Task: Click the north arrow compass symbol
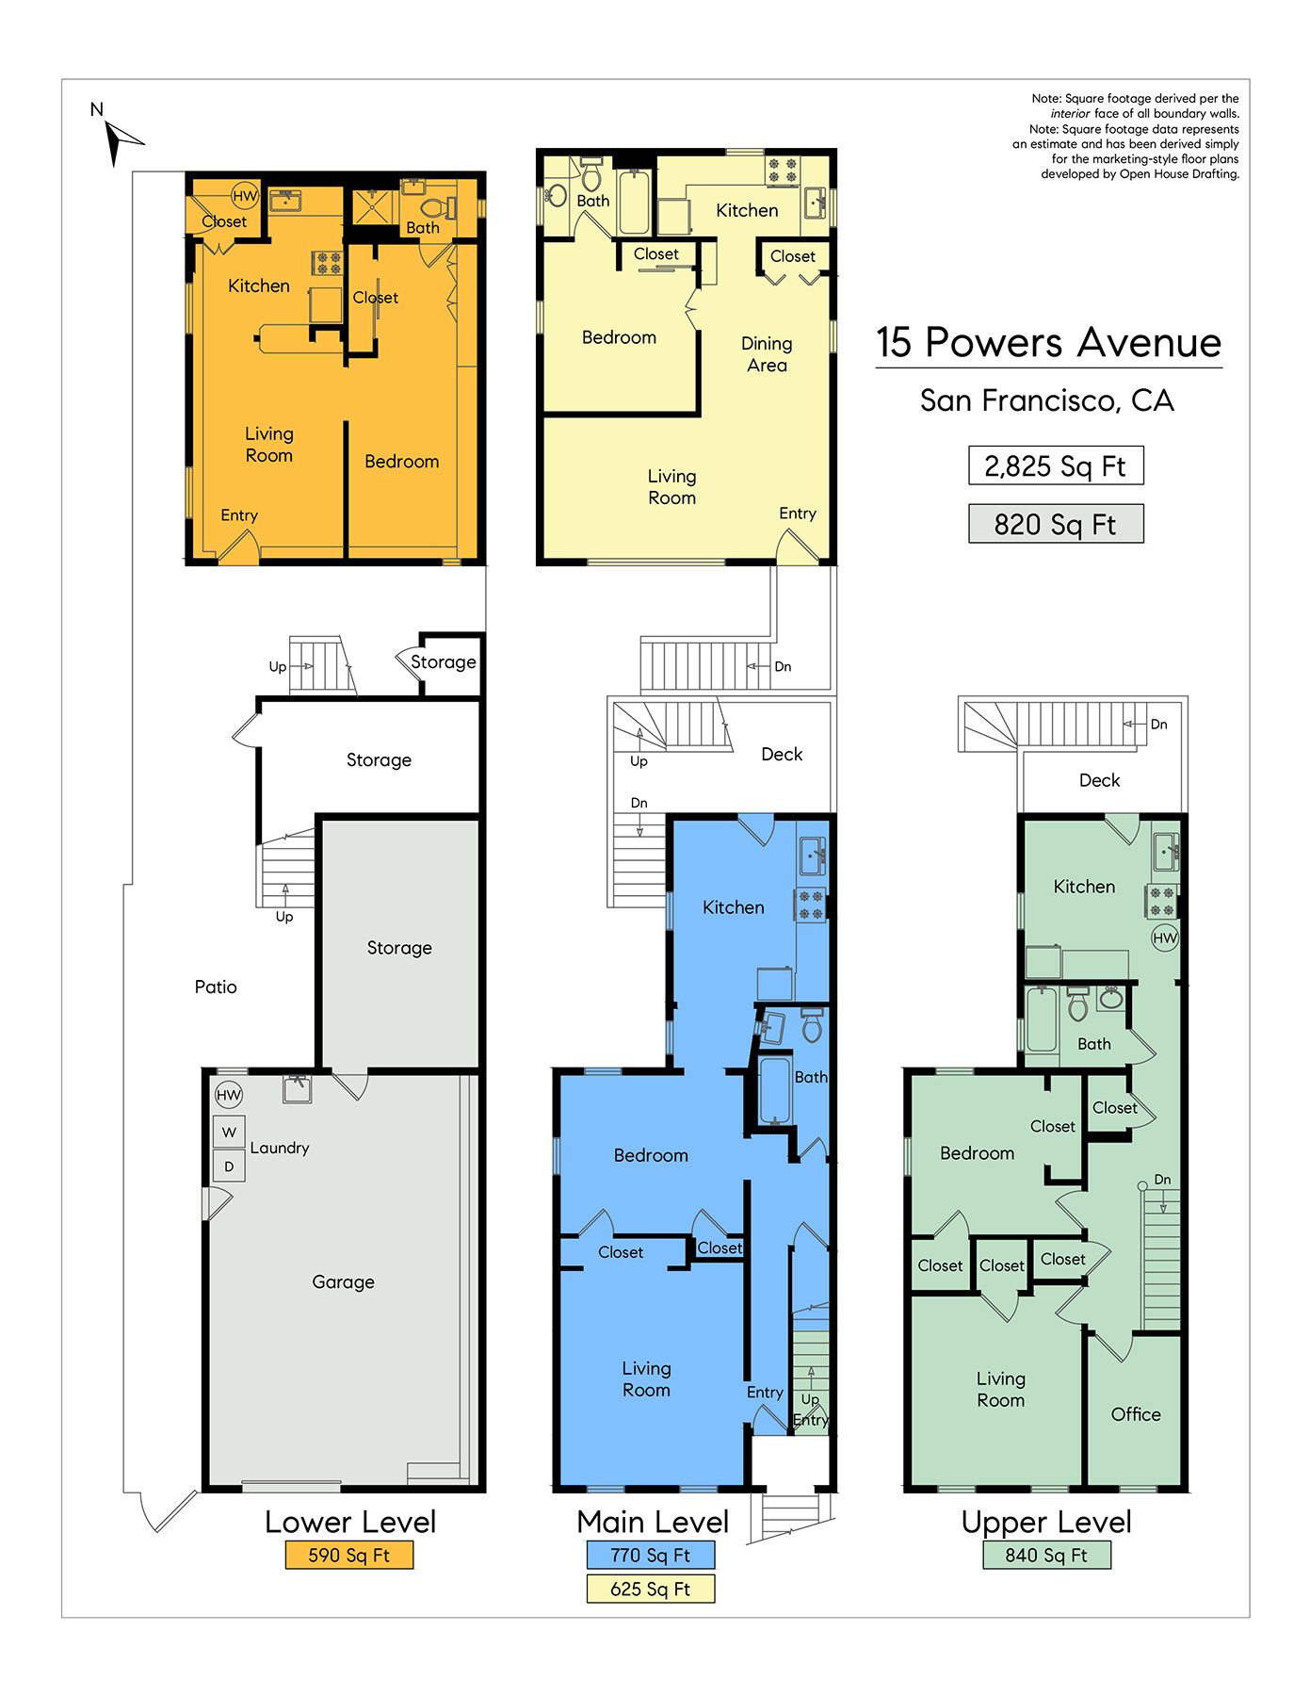(121, 141)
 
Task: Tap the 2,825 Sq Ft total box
(1056, 465)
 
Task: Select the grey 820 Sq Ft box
(1056, 524)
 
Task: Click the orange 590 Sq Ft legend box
(349, 1555)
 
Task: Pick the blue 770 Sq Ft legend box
(651, 1555)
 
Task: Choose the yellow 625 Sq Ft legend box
(651, 1589)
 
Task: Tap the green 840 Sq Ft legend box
(1046, 1555)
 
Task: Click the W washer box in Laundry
(229, 1132)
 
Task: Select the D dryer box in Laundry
(229, 1166)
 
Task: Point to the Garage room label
(343, 1281)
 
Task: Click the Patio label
(216, 987)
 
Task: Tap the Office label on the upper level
(1136, 1414)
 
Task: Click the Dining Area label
(767, 354)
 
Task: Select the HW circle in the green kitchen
(1165, 938)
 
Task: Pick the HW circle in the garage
(229, 1095)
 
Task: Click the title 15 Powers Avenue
(1048, 342)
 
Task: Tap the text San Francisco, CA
(1047, 400)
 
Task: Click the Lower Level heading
(350, 1522)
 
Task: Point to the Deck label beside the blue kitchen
(782, 754)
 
